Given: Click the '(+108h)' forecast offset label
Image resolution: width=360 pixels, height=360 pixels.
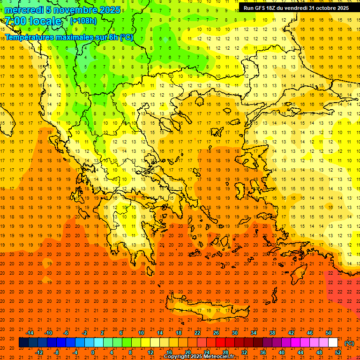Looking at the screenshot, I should coord(84,21).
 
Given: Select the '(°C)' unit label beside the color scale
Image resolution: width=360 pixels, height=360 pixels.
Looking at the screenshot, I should coord(349,343).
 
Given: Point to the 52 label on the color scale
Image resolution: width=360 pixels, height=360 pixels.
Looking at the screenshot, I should coord(338,352).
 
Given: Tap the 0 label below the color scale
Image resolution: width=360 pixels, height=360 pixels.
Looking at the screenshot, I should coord(93,352).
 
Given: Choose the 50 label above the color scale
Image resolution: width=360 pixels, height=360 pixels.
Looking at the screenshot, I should coord(329,333).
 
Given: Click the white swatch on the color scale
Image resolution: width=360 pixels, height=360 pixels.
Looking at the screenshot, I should coord(333,343).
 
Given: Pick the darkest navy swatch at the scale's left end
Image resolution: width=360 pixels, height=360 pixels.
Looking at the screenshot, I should coord(23,343).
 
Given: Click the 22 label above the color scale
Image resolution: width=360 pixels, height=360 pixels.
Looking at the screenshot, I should coord(197,333).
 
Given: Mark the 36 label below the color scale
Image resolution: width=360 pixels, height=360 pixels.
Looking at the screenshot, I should coord(263,352).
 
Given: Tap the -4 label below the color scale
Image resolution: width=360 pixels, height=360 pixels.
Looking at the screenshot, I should coord(75,352).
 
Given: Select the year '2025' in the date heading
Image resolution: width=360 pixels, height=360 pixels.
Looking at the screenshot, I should coord(107,10).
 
